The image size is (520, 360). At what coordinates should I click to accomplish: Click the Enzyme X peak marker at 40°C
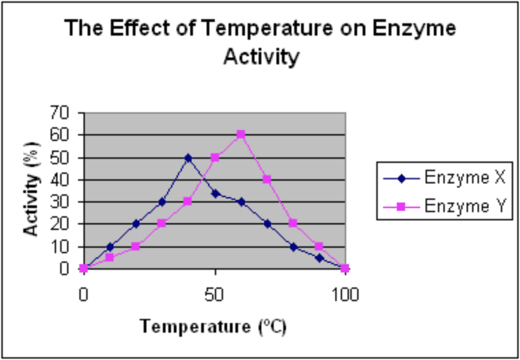[188, 158]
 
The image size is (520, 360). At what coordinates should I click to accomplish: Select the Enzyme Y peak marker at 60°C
[241, 134]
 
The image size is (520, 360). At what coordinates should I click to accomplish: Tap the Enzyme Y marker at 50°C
[215, 157]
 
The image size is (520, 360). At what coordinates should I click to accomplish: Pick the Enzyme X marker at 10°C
[110, 247]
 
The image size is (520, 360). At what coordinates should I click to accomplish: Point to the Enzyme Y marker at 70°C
[267, 179]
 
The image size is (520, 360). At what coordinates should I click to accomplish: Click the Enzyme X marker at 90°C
[320, 258]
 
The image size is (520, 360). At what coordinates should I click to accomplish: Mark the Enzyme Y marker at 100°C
[346, 268]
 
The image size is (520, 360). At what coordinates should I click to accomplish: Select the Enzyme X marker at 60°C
[241, 202]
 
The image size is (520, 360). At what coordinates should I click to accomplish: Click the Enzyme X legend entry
[444, 179]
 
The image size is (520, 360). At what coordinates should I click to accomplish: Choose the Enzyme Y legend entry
[444, 207]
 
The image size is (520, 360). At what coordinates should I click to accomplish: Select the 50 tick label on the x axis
[215, 295]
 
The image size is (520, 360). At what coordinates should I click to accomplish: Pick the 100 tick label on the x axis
[346, 295]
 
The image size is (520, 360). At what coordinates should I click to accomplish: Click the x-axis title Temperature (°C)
[213, 326]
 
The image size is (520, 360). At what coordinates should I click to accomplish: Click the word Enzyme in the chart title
[414, 29]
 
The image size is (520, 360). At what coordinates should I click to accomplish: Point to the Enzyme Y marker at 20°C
[136, 246]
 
